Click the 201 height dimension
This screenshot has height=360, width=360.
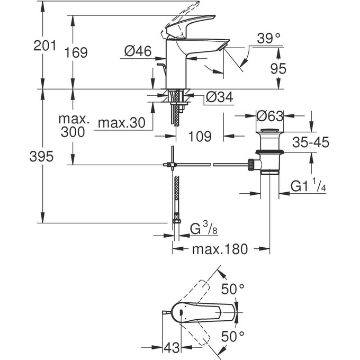44,47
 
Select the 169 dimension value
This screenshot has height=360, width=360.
77,52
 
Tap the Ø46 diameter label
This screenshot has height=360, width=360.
138,51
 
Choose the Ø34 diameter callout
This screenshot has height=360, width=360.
218,97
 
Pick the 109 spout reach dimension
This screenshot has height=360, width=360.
201,136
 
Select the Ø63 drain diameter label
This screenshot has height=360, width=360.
271,115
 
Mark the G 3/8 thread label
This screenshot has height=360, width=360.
203,229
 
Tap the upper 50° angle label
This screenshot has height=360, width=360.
233,289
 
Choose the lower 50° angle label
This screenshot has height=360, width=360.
233,336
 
